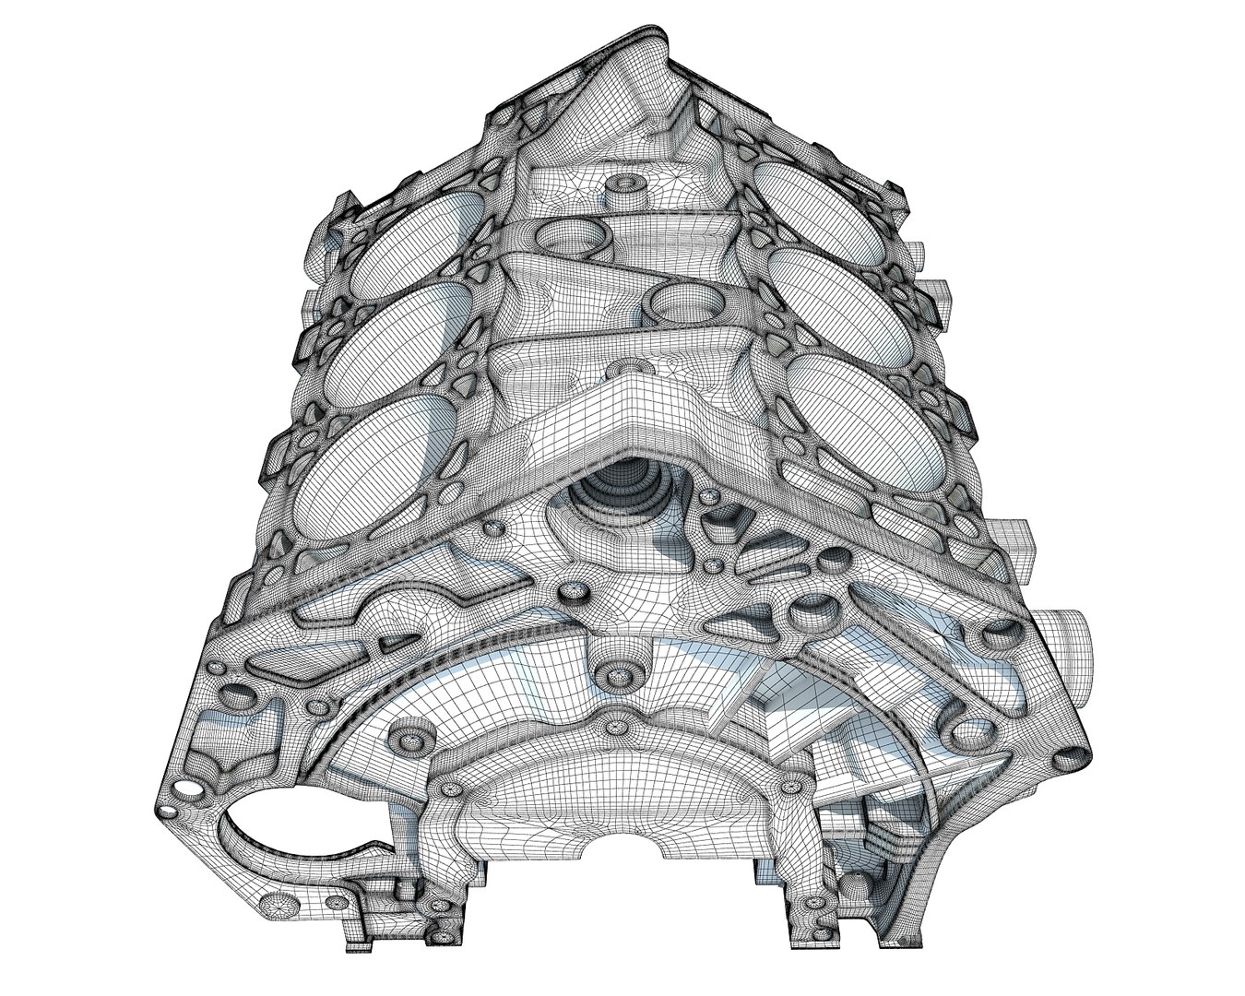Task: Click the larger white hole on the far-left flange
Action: tap(187, 789)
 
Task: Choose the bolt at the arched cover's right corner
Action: tap(790, 788)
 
